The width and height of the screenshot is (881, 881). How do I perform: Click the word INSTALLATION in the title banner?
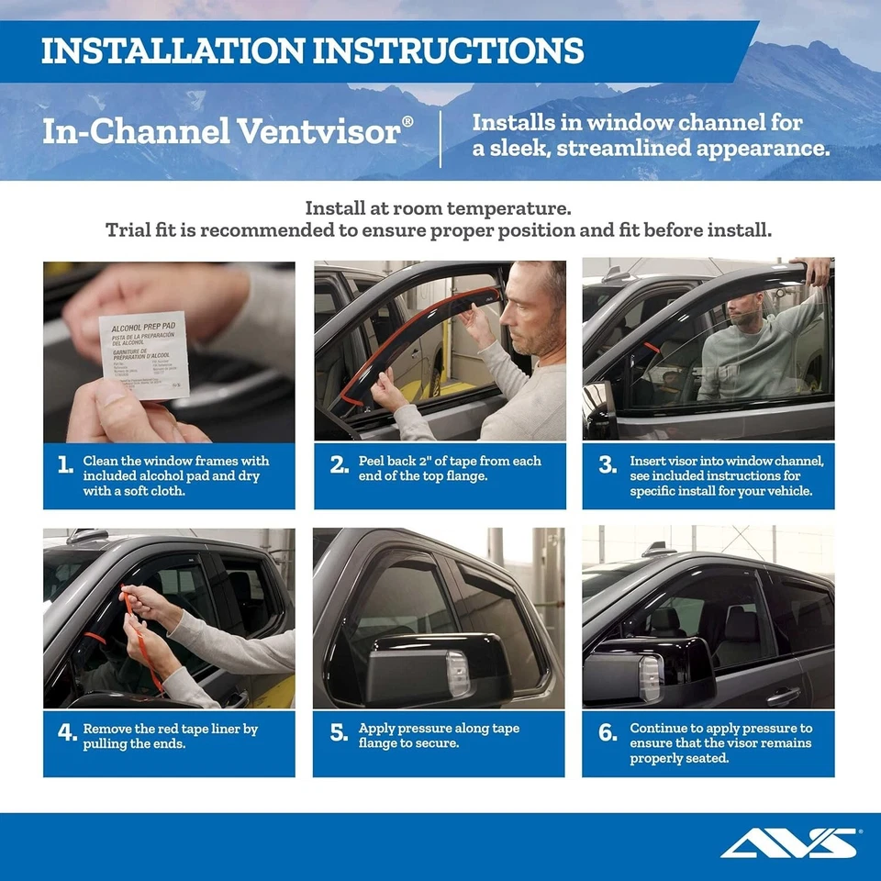click(171, 50)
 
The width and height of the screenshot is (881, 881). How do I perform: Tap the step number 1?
click(65, 465)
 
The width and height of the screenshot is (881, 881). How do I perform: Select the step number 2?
click(338, 465)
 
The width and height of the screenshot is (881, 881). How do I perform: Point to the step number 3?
click(608, 465)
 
